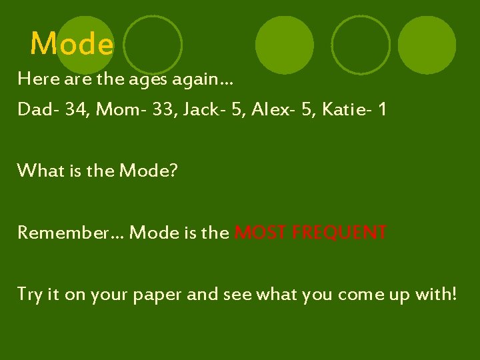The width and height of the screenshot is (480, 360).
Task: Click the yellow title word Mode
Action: point(72,45)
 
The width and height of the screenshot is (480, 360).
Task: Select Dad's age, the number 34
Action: point(77,109)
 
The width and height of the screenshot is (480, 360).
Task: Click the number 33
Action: point(169,109)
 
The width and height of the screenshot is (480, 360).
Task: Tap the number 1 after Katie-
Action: point(382,109)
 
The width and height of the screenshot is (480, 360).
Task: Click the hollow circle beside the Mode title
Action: point(153,45)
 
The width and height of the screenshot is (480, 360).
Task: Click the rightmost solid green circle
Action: point(427,45)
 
